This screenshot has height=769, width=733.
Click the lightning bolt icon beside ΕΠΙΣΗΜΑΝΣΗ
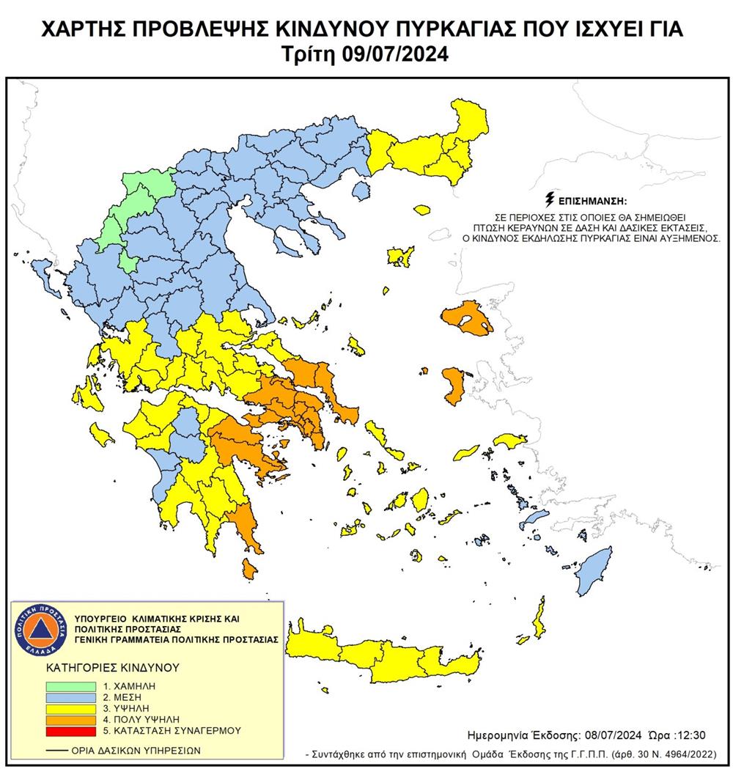tap(550, 199)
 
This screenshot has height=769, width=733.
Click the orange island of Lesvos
tap(466, 320)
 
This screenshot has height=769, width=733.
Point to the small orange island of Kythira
tap(249, 568)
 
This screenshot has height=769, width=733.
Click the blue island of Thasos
tap(360, 191)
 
